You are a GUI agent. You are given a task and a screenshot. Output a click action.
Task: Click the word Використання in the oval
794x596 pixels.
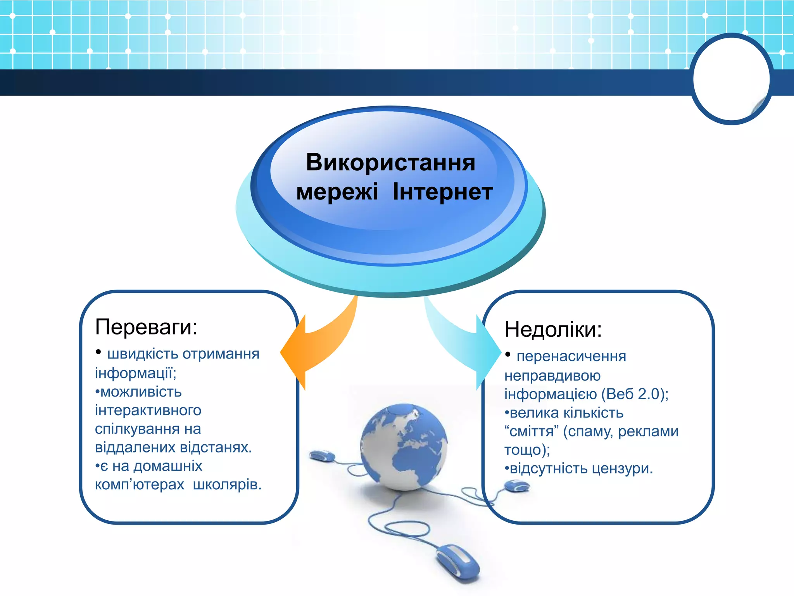click(390, 163)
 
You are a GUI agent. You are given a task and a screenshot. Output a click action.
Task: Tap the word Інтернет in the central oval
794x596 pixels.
click(442, 192)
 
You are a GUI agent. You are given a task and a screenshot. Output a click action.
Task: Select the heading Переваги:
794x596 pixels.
click(146, 327)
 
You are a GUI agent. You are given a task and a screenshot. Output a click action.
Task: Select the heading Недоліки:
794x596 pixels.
click(553, 329)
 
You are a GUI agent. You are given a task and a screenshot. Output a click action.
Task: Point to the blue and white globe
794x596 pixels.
click(404, 446)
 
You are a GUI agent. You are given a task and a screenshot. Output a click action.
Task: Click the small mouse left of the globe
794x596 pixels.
click(322, 456)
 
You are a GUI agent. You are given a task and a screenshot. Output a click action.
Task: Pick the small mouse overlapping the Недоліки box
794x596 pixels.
click(517, 486)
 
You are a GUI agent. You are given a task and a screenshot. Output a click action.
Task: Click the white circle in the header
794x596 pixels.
click(731, 79)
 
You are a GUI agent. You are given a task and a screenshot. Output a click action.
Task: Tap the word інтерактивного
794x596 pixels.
click(148, 410)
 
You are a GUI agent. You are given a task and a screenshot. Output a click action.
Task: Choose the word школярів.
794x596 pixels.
click(227, 485)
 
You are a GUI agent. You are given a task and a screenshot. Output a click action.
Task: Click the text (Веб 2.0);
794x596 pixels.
click(635, 394)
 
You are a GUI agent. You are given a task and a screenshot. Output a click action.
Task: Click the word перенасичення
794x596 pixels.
click(571, 356)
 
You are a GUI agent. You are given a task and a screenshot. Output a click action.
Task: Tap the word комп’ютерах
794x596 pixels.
click(140, 485)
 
